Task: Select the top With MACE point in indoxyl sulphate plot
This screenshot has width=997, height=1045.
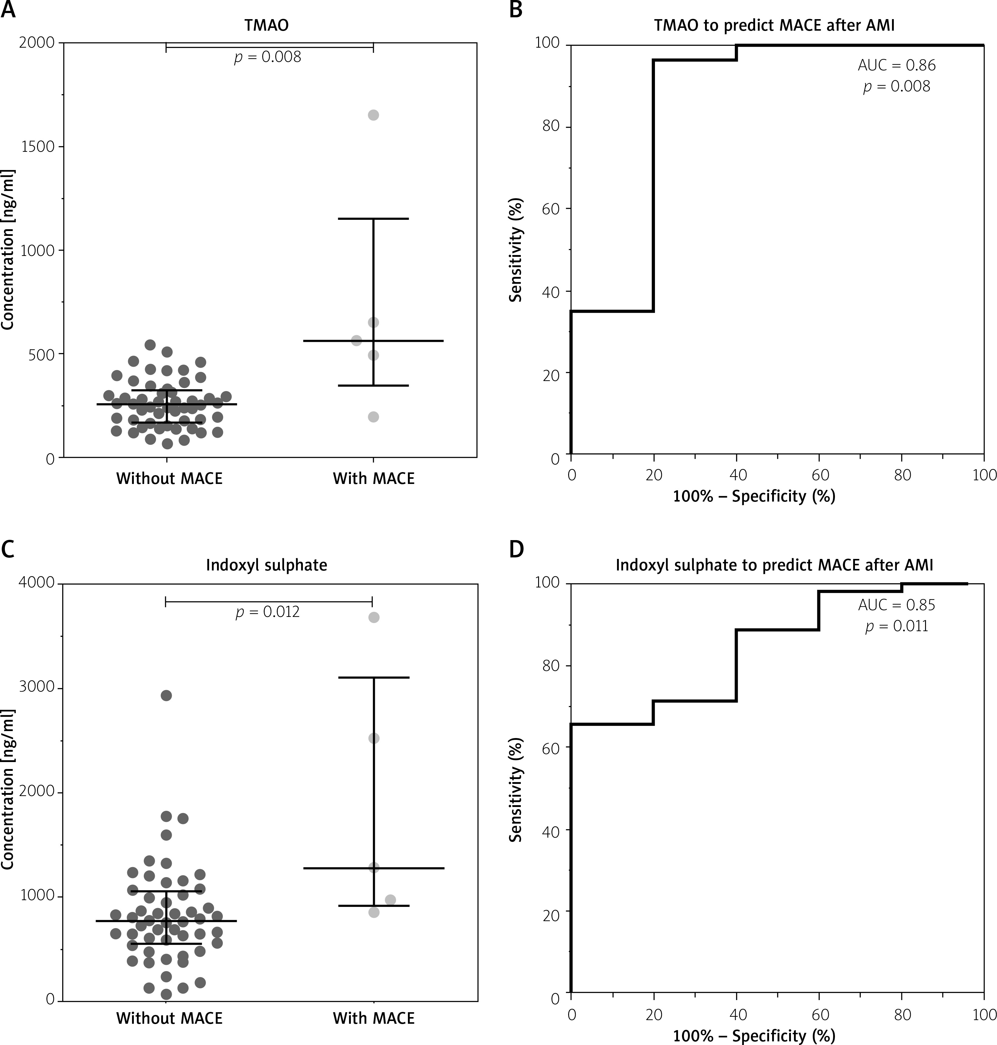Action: [x=374, y=617]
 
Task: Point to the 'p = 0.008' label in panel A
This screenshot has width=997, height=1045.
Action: [x=267, y=56]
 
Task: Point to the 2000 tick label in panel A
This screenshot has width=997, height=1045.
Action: [x=37, y=43]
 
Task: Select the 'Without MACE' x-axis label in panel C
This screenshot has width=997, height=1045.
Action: [x=169, y=1018]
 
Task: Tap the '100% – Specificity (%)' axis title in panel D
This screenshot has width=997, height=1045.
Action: [x=754, y=1035]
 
